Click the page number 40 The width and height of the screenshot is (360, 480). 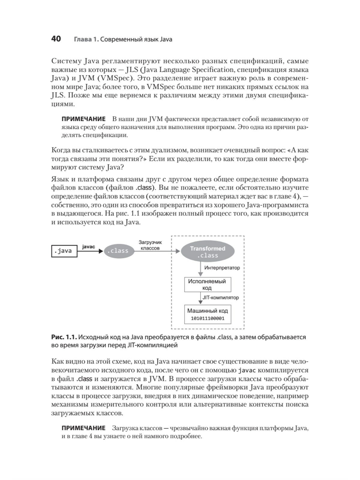[56, 39]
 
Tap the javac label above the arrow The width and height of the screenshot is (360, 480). [88, 247]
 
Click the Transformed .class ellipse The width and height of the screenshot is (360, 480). [207, 252]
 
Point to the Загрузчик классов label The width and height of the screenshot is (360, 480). [150, 245]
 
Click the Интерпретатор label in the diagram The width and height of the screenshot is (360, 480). [222, 268]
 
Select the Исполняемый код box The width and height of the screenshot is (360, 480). [207, 284]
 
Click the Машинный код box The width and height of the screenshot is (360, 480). [207, 314]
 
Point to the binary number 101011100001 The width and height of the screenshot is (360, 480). [207, 318]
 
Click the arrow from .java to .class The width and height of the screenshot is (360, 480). [90, 251]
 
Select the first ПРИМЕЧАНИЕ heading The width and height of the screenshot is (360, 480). [83, 119]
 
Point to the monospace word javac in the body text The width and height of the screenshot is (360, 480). [247, 370]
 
